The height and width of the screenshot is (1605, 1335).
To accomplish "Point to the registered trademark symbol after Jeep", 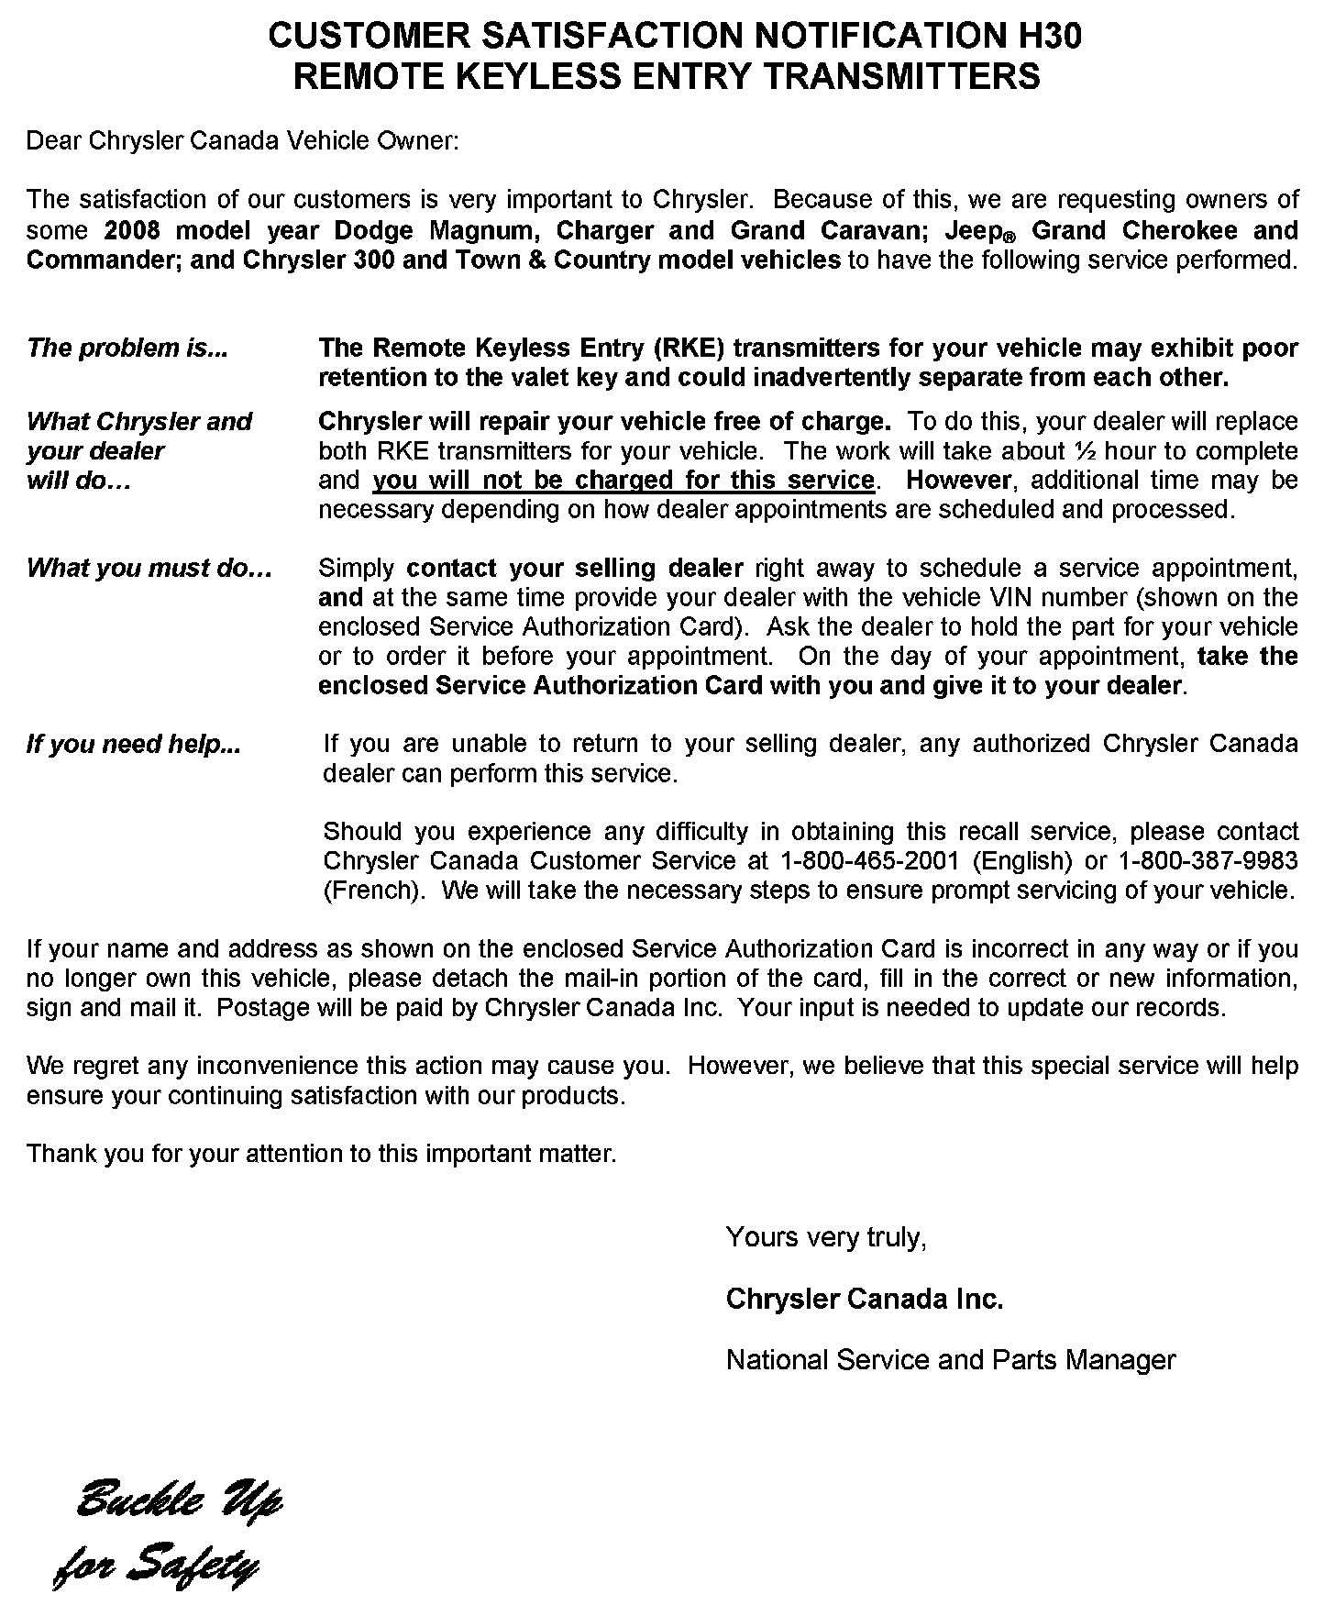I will click(1013, 236).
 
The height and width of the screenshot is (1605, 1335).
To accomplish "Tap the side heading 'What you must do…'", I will click(149, 568).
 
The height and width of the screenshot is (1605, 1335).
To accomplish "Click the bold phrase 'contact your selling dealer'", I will click(575, 568).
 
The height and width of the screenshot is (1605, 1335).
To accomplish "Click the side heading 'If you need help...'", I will click(133, 744).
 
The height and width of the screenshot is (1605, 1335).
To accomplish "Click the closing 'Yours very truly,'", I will click(826, 1237).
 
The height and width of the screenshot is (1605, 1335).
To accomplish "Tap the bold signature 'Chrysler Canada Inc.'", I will click(864, 1299).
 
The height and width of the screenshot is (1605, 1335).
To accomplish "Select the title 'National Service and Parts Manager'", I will click(950, 1359).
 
